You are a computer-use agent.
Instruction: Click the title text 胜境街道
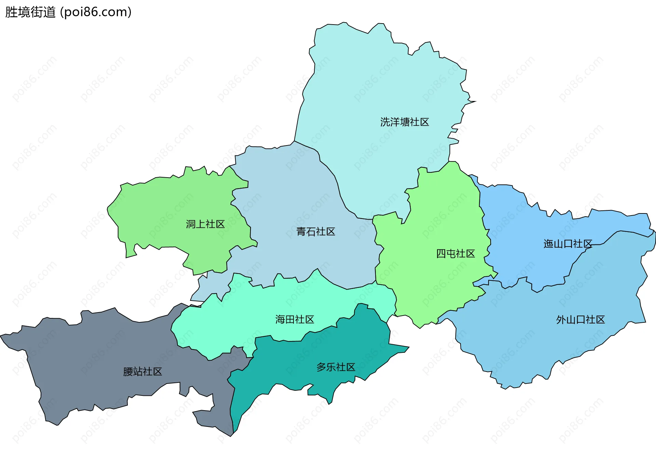point(30,12)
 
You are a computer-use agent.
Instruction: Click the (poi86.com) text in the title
point(96,12)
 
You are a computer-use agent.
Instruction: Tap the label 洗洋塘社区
point(405,122)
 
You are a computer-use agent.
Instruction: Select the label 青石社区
point(316,232)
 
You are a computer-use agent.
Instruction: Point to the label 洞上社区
point(205,224)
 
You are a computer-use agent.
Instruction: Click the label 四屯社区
point(455,253)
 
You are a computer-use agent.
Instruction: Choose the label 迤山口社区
point(568,244)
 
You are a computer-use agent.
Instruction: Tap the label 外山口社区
point(580,320)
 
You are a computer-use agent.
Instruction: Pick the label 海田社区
point(295,319)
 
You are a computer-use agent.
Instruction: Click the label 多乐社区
point(336,367)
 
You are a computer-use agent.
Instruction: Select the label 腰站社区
point(142,372)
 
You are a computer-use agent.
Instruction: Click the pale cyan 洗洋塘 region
point(376,85)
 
